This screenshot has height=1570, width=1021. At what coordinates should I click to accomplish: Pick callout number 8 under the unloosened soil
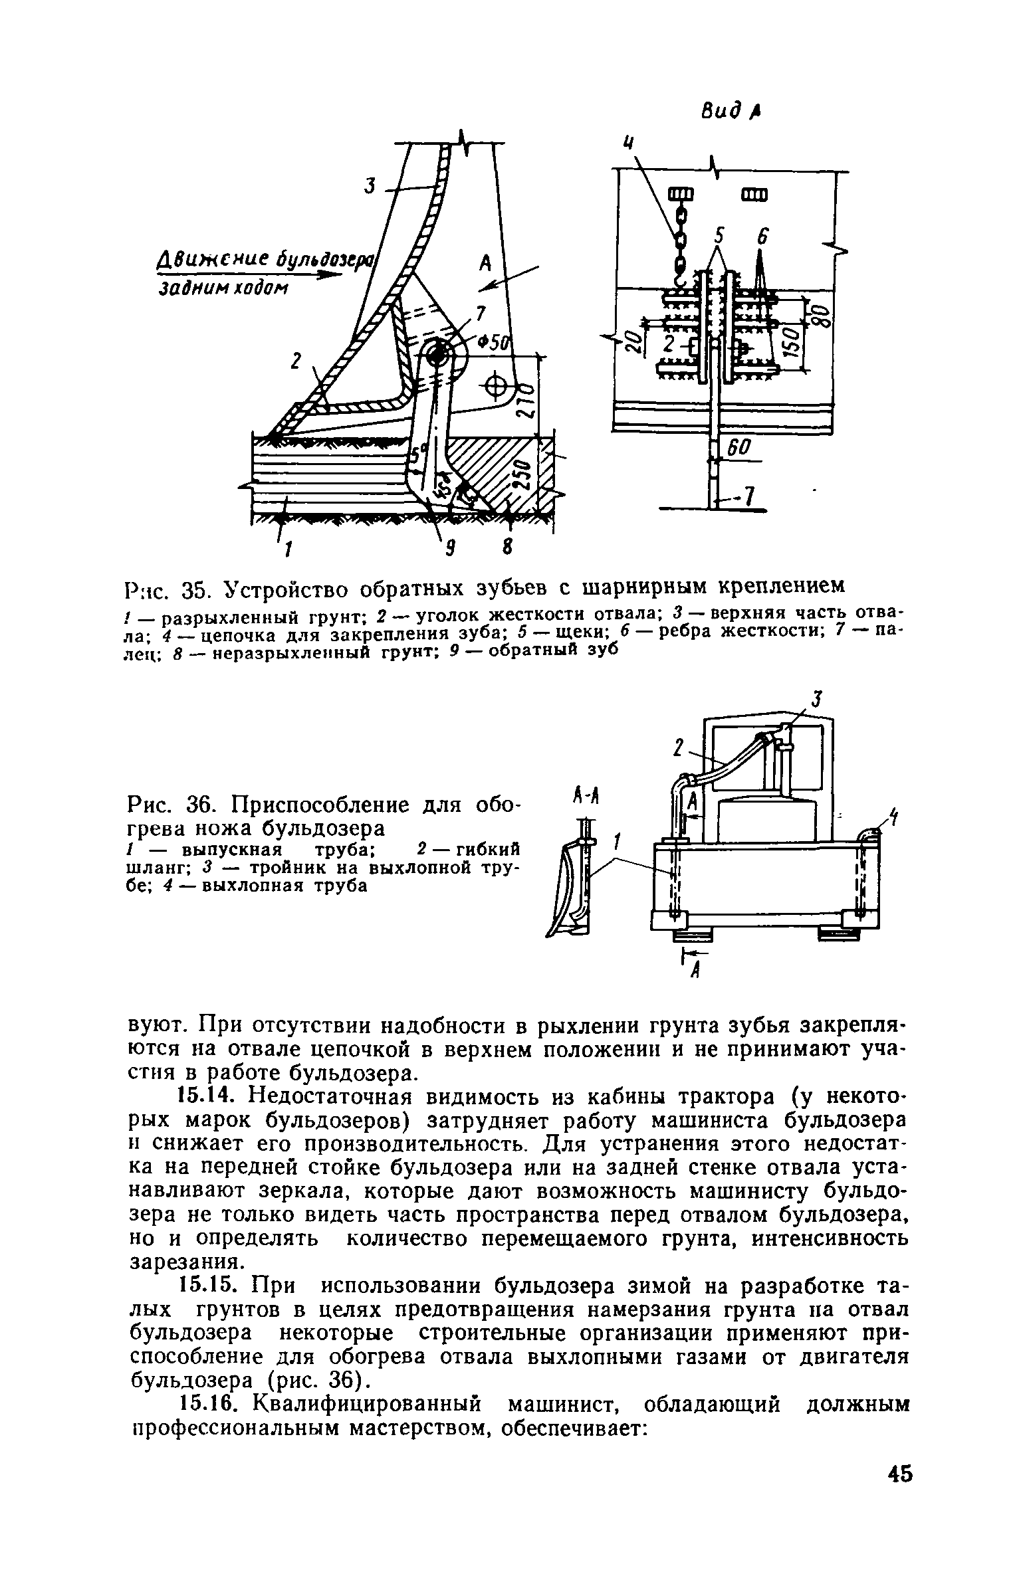(507, 548)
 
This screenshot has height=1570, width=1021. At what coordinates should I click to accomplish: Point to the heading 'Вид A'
(731, 111)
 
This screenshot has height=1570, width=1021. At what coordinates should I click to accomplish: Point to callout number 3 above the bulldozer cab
(816, 700)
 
